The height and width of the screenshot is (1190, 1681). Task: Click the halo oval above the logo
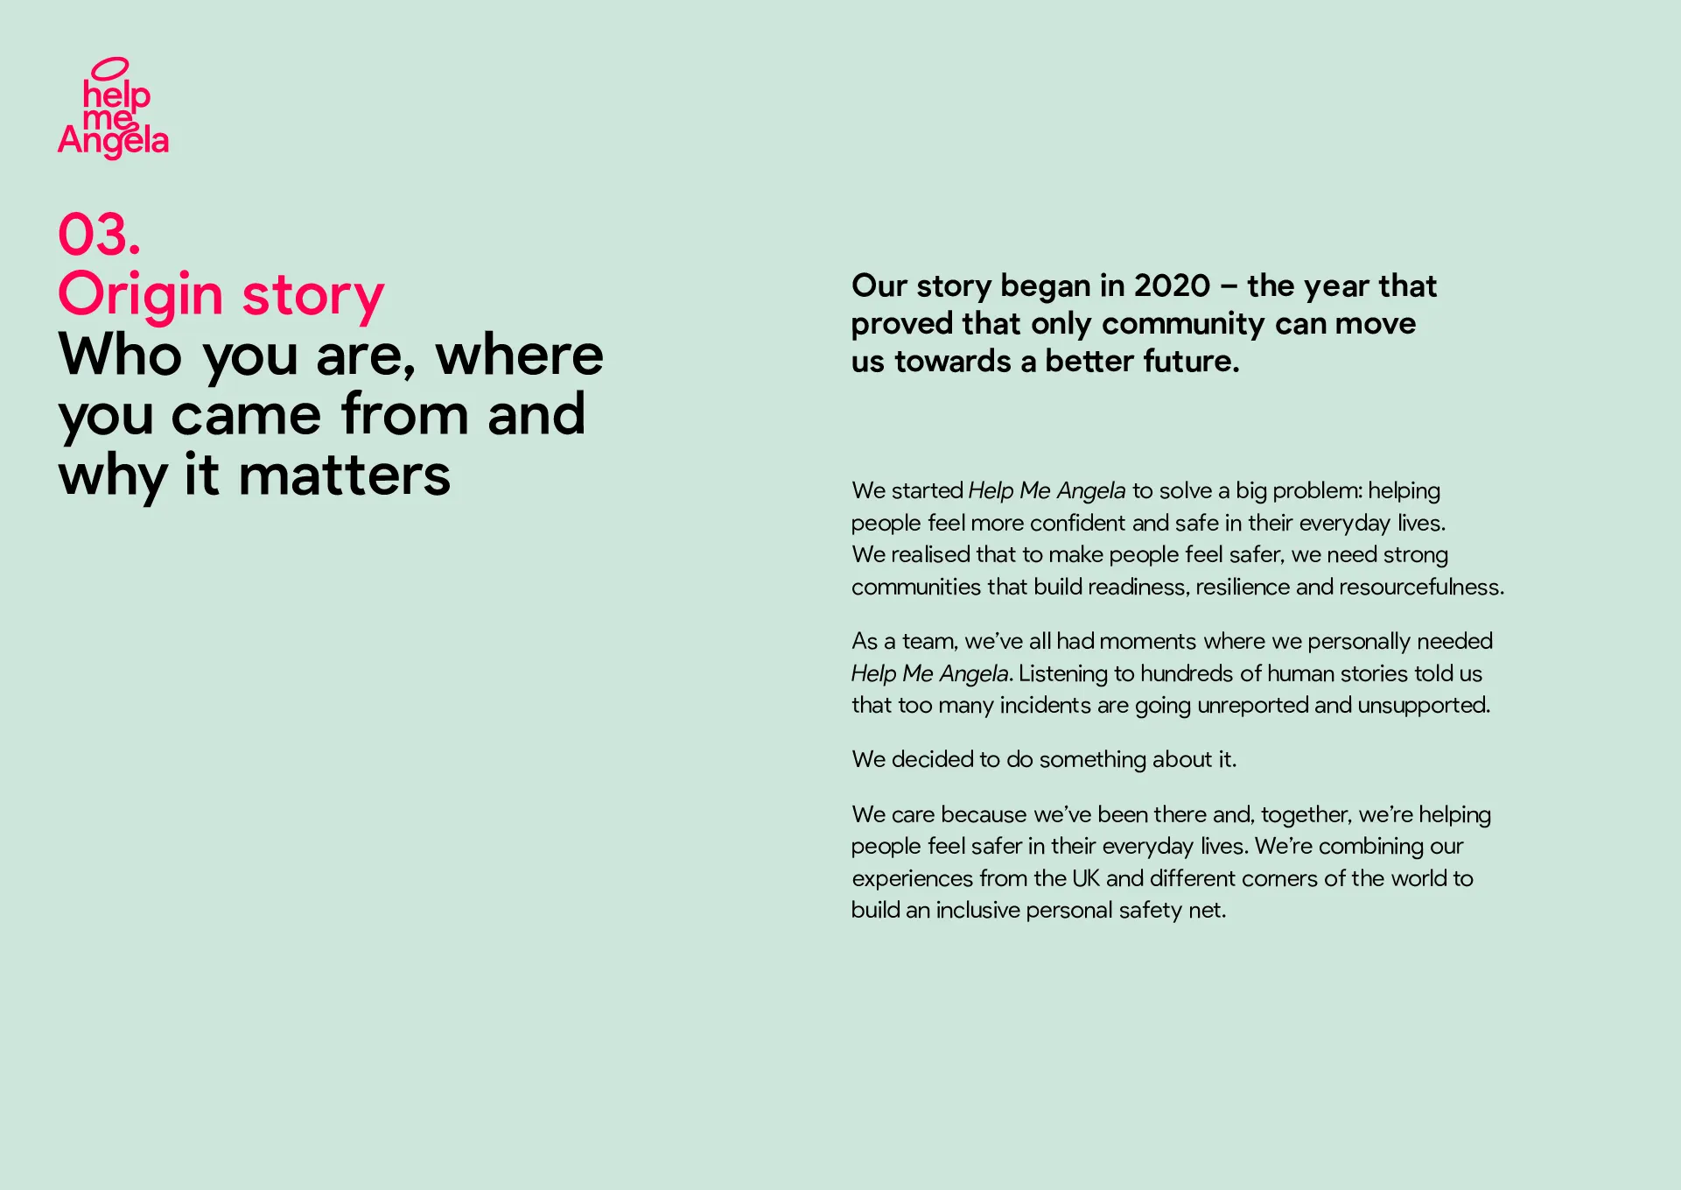110,67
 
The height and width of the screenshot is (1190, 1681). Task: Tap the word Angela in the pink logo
114,140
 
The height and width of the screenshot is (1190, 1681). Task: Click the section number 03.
99,235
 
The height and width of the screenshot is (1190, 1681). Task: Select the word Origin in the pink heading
141,294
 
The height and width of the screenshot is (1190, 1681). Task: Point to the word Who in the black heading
121,355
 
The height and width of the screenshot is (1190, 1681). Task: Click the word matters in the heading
345,475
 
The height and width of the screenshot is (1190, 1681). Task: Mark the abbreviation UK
1086,878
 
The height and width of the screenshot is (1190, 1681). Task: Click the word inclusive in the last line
977,911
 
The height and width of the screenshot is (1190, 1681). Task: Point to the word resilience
1243,587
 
